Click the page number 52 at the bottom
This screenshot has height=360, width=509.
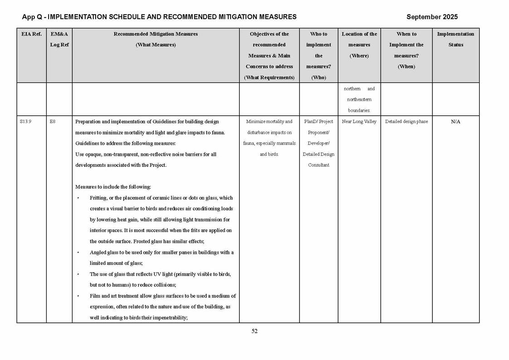pos(254,331)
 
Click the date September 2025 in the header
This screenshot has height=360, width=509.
pos(432,17)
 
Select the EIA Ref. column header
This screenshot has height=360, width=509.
pos(31,34)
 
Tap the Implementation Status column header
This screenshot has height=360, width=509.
pos(456,39)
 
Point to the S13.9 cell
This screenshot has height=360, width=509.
pos(25,122)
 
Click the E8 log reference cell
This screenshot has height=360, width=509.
pos(53,122)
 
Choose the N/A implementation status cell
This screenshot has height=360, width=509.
pos(456,122)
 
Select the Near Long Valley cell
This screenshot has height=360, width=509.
pos(359,122)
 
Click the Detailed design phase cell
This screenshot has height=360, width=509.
pos(406,122)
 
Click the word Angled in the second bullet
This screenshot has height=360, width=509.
pos(98,253)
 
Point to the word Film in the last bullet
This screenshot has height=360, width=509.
pos(95,296)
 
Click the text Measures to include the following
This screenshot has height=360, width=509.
pos(113,187)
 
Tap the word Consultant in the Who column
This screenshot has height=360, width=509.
pos(319,165)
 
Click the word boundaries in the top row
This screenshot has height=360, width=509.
pos(359,110)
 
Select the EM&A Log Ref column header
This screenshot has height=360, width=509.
pos(59,39)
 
